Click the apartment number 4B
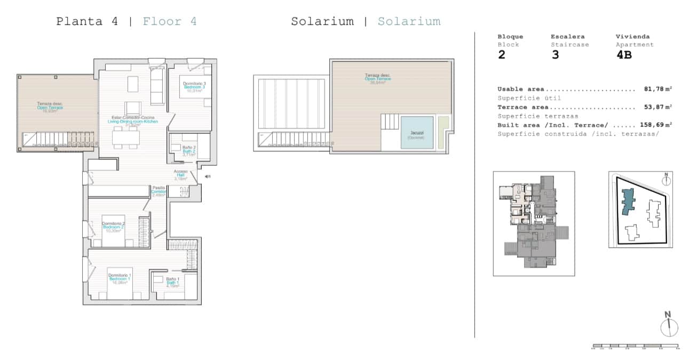tap(624, 55)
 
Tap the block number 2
tap(501, 55)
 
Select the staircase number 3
tap(555, 55)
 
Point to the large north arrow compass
tap(668, 326)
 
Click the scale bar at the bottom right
tap(635, 346)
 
